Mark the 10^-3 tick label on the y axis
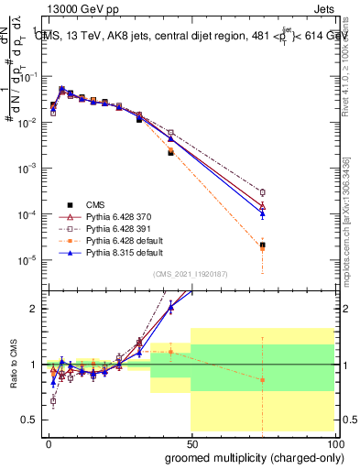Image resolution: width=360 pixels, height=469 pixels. click(27, 169)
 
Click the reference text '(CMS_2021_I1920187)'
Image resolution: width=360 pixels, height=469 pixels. click(191, 274)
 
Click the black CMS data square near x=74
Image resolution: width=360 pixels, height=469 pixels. click(262, 245)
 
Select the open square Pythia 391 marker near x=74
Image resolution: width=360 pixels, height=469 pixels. click(262, 192)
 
